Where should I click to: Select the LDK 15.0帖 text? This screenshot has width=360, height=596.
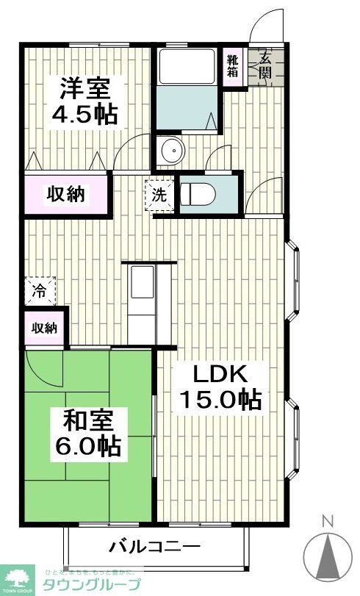(220, 387)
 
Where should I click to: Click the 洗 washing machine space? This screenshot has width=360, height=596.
(160, 196)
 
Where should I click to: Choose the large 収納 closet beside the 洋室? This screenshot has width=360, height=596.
(66, 195)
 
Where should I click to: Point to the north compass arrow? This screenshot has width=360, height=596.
(328, 556)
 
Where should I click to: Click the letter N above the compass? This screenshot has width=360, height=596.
(328, 522)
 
